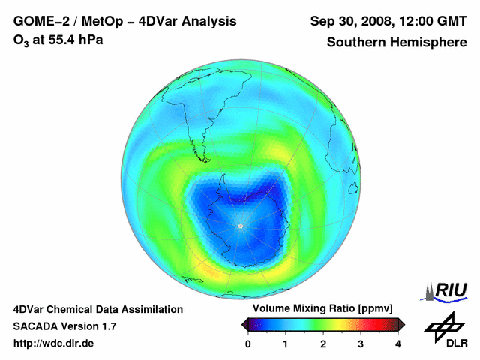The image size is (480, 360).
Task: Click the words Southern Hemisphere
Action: tap(397, 43)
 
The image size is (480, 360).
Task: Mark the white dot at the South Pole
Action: tap(240, 226)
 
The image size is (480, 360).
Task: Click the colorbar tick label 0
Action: tap(248, 343)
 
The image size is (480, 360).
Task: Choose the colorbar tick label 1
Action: tap(286, 343)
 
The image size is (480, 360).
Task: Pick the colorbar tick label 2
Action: tap(323, 343)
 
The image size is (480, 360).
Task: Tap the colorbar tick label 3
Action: tap(361, 343)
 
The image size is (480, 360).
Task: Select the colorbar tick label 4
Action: tap(398, 343)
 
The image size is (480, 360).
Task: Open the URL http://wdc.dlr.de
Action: tap(54, 343)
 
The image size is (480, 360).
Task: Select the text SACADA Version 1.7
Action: tap(64, 326)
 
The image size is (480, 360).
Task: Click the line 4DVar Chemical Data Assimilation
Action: tap(98, 309)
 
